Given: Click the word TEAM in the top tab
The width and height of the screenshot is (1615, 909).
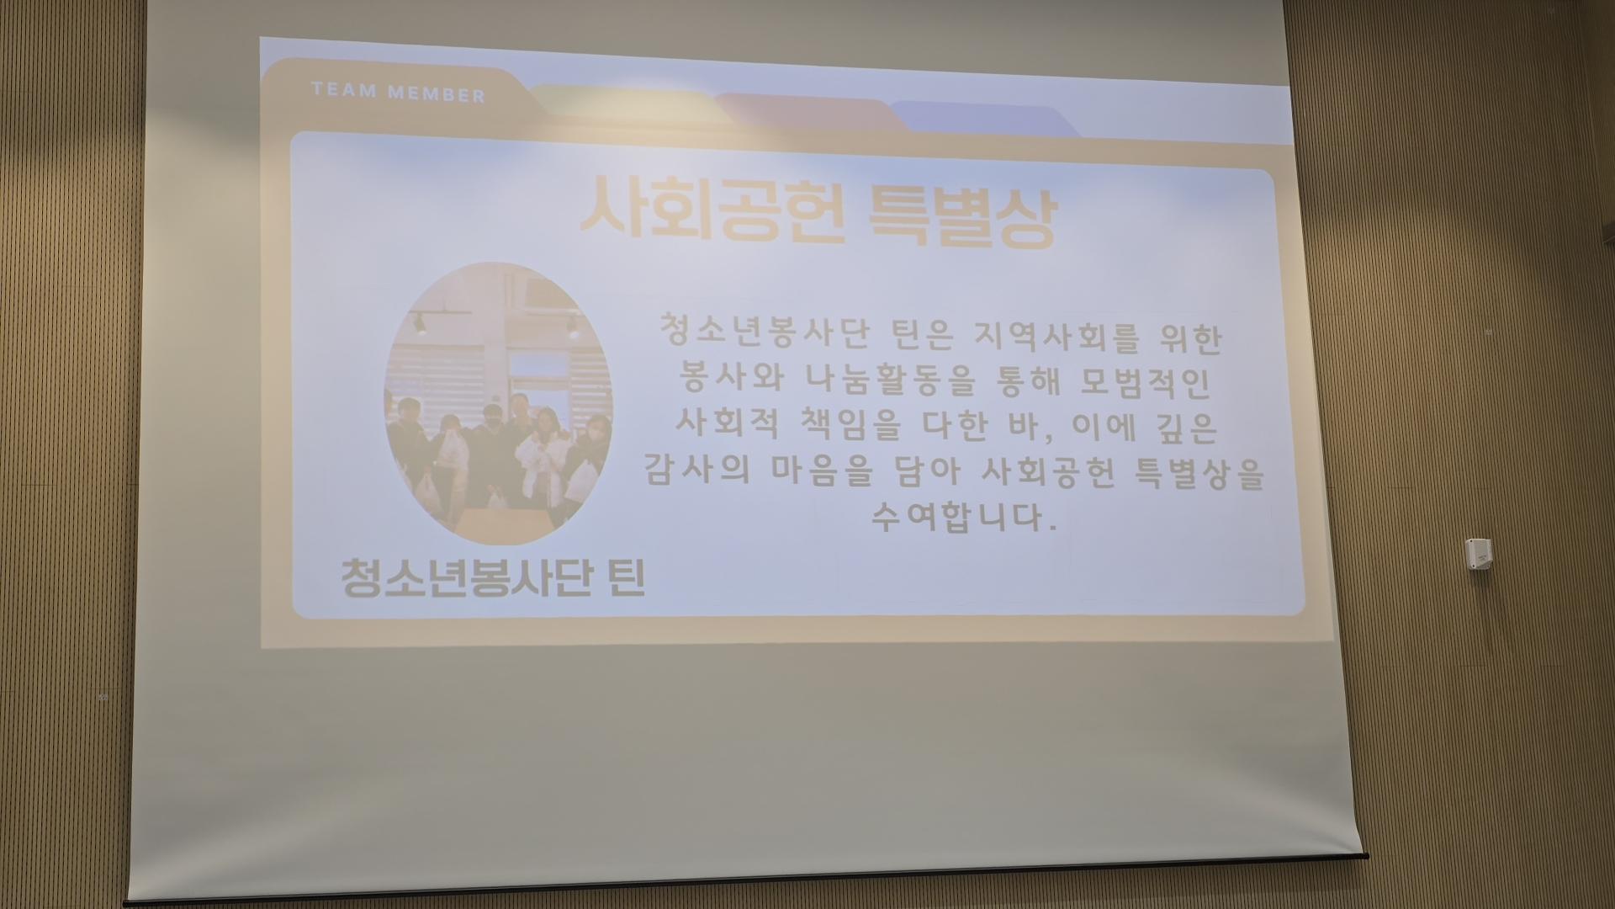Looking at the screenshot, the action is click(343, 89).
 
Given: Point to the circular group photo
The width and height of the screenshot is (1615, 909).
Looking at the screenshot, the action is click(499, 402).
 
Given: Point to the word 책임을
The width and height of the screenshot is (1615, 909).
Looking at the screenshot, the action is click(846, 426).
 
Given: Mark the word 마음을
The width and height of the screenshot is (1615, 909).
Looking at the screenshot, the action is click(822, 471).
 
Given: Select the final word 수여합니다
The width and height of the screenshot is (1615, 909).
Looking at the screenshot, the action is click(964, 515).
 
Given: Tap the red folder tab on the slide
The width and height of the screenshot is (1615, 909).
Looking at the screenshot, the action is click(807, 110).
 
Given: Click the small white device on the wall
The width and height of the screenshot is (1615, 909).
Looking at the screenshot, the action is click(1480, 554).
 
